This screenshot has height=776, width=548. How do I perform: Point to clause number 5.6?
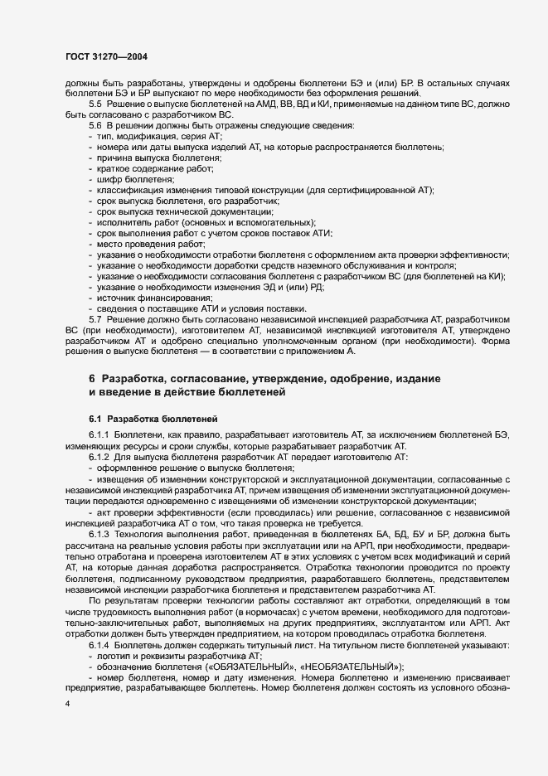click(95, 124)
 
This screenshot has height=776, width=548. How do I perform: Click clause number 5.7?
click(95, 319)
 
